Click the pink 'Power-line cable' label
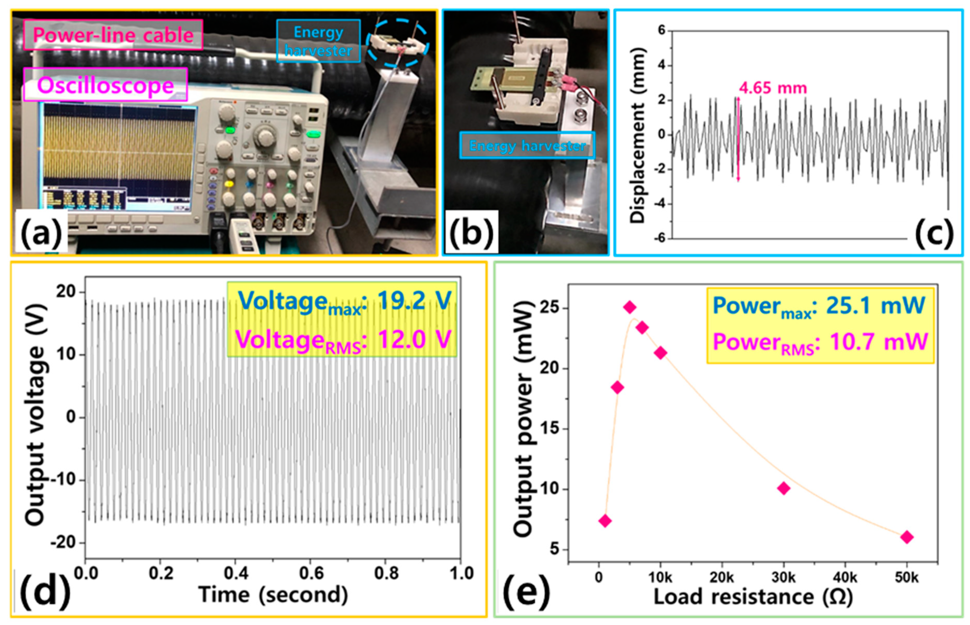(113, 35)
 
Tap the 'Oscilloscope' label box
(106, 85)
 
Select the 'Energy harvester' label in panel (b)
(527, 145)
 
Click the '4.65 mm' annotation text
(773, 88)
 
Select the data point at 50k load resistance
(906, 537)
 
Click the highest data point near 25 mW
(630, 307)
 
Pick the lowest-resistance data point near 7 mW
(605, 521)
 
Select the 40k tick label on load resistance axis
(845, 577)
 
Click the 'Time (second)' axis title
(273, 595)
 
